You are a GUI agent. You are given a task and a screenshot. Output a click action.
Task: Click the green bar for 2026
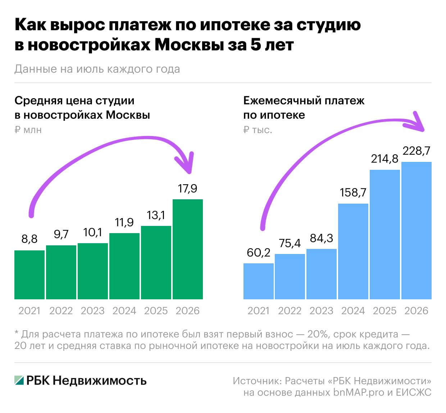187,249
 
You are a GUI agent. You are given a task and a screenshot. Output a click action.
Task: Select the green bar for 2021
29,275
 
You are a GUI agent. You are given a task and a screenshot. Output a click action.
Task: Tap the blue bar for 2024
353,251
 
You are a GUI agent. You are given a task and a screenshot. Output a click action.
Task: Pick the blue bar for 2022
290,277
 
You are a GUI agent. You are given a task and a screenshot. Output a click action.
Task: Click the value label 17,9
187,189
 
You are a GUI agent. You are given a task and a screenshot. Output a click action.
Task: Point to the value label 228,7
416,150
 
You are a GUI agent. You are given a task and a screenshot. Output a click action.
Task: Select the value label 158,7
353,192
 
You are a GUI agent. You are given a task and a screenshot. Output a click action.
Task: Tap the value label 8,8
29,239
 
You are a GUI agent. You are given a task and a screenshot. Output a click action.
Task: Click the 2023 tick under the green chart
93,311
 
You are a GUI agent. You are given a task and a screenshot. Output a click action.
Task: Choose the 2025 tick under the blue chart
385,311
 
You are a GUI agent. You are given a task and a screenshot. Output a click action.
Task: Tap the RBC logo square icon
19,380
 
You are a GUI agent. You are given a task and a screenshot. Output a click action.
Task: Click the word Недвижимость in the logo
100,380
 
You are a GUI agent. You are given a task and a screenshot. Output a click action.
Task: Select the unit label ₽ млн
28,130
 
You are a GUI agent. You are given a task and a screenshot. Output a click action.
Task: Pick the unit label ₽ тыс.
258,130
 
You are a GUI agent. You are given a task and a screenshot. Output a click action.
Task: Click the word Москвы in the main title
189,45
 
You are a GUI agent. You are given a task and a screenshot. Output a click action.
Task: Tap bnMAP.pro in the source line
359,392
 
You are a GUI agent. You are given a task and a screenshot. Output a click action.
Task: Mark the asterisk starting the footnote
16,332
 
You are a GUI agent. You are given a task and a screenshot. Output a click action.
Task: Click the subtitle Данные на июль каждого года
97,69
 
